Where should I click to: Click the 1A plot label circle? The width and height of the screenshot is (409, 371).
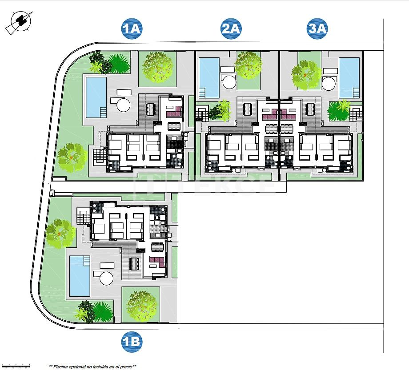coord(132,29)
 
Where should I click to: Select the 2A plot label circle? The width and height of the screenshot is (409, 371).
coord(231,29)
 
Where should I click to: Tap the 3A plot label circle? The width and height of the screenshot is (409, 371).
coord(317,29)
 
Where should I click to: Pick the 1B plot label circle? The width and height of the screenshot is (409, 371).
coord(132,342)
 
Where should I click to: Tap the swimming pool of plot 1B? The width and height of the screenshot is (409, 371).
coord(80,276)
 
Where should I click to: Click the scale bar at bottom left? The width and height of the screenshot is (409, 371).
coord(16,366)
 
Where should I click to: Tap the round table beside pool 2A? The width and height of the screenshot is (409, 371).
coord(229,83)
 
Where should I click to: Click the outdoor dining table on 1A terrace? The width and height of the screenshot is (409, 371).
coord(150,109)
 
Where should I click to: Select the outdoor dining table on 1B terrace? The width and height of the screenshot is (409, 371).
coord(135,265)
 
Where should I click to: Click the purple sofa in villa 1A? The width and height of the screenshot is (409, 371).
coord(173,111)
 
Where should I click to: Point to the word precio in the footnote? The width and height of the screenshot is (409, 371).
coord(125,367)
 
